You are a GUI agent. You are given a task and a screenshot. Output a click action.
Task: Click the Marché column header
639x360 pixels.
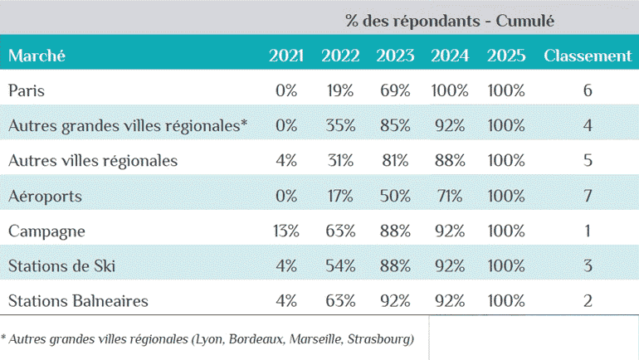click(x=37, y=56)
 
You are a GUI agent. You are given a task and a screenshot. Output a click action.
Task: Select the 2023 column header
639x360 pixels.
click(x=395, y=56)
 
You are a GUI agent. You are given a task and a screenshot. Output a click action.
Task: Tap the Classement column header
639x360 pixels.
click(x=588, y=56)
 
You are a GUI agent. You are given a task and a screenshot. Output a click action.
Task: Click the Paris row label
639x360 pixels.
click(x=26, y=90)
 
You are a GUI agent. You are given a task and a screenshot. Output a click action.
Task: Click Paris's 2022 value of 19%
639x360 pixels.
click(x=340, y=90)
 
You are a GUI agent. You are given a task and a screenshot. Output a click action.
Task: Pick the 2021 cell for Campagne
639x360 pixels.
click(x=285, y=231)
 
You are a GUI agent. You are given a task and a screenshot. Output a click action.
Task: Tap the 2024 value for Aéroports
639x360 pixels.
click(x=450, y=196)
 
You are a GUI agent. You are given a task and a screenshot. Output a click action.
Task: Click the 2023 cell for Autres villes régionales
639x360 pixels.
click(x=395, y=160)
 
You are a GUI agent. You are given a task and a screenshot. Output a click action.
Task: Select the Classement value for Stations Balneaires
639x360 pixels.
click(x=588, y=300)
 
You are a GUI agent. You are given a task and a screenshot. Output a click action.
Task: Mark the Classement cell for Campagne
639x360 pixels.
click(x=588, y=231)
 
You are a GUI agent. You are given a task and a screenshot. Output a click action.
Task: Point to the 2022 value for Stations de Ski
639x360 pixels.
click(x=340, y=265)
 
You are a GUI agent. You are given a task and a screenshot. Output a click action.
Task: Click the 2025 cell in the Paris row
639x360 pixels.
click(x=506, y=90)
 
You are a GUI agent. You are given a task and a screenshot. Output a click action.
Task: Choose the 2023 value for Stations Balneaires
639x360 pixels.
click(x=395, y=300)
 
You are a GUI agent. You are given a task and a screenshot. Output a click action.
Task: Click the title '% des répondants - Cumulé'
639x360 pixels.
click(x=451, y=19)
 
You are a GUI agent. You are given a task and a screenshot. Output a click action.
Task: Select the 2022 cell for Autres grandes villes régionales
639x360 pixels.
click(x=340, y=125)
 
